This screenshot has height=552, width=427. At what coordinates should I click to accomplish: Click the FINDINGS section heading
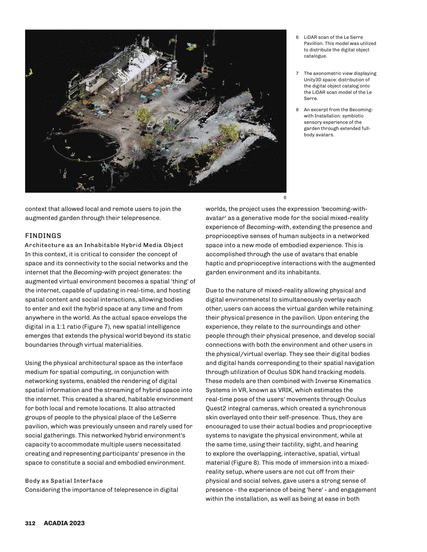43,236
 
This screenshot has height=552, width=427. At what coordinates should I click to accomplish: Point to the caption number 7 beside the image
297,73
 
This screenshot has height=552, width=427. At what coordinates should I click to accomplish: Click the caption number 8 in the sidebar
297,110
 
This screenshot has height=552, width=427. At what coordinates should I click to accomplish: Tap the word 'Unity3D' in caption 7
313,80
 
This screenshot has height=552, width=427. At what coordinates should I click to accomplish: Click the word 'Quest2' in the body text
216,408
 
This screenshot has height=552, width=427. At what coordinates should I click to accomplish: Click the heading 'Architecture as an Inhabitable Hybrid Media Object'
104,245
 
